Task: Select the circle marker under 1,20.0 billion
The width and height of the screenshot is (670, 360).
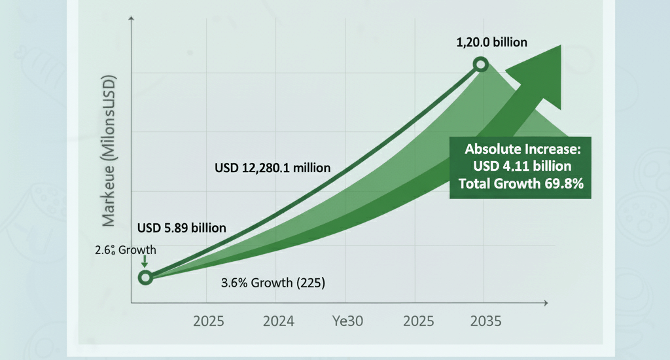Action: [482, 65]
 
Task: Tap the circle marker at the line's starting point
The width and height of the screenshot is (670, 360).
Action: [145, 278]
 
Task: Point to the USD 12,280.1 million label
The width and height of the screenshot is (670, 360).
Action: [272, 168]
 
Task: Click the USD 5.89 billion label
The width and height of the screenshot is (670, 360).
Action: [182, 228]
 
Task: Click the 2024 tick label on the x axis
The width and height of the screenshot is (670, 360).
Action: [278, 321]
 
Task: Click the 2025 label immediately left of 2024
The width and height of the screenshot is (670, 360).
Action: [208, 321]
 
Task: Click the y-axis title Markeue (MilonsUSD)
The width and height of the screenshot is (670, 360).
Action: [109, 151]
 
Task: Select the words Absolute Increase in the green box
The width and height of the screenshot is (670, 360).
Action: [520, 149]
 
